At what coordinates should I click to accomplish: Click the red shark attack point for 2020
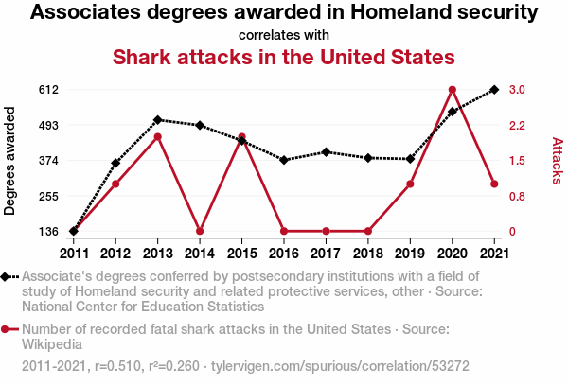453,90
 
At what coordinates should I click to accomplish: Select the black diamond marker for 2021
494,90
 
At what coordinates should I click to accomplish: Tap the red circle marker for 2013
157,137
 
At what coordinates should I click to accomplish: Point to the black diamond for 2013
157,120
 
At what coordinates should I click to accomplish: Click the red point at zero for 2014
200,231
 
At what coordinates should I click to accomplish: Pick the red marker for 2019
410,184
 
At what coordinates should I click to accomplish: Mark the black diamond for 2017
326,152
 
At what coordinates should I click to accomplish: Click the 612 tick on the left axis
48,90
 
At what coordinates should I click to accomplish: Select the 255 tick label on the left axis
48,196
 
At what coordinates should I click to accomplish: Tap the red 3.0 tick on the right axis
517,90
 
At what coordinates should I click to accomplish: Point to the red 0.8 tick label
517,196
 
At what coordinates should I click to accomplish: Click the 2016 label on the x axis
284,254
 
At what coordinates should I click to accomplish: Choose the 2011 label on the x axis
74,254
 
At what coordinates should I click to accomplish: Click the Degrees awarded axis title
9,161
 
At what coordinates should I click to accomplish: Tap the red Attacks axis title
558,161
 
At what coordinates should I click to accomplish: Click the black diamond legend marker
5,277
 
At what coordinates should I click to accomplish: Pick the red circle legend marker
5,329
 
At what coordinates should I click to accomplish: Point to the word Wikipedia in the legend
52,344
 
